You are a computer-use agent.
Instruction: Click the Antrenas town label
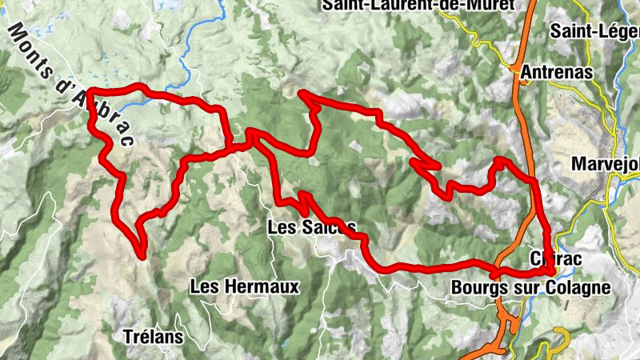click(557, 72)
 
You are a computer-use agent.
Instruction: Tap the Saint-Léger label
click(593, 31)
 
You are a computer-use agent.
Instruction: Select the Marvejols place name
click(606, 165)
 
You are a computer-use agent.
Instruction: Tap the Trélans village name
click(154, 337)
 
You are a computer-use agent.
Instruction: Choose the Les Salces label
click(310, 228)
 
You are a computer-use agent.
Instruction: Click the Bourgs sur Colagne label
click(530, 286)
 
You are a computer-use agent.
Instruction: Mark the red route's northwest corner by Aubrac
click(88, 92)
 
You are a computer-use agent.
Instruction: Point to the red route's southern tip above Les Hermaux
click(142, 254)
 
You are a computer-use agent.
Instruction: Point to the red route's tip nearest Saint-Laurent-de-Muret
click(302, 94)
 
